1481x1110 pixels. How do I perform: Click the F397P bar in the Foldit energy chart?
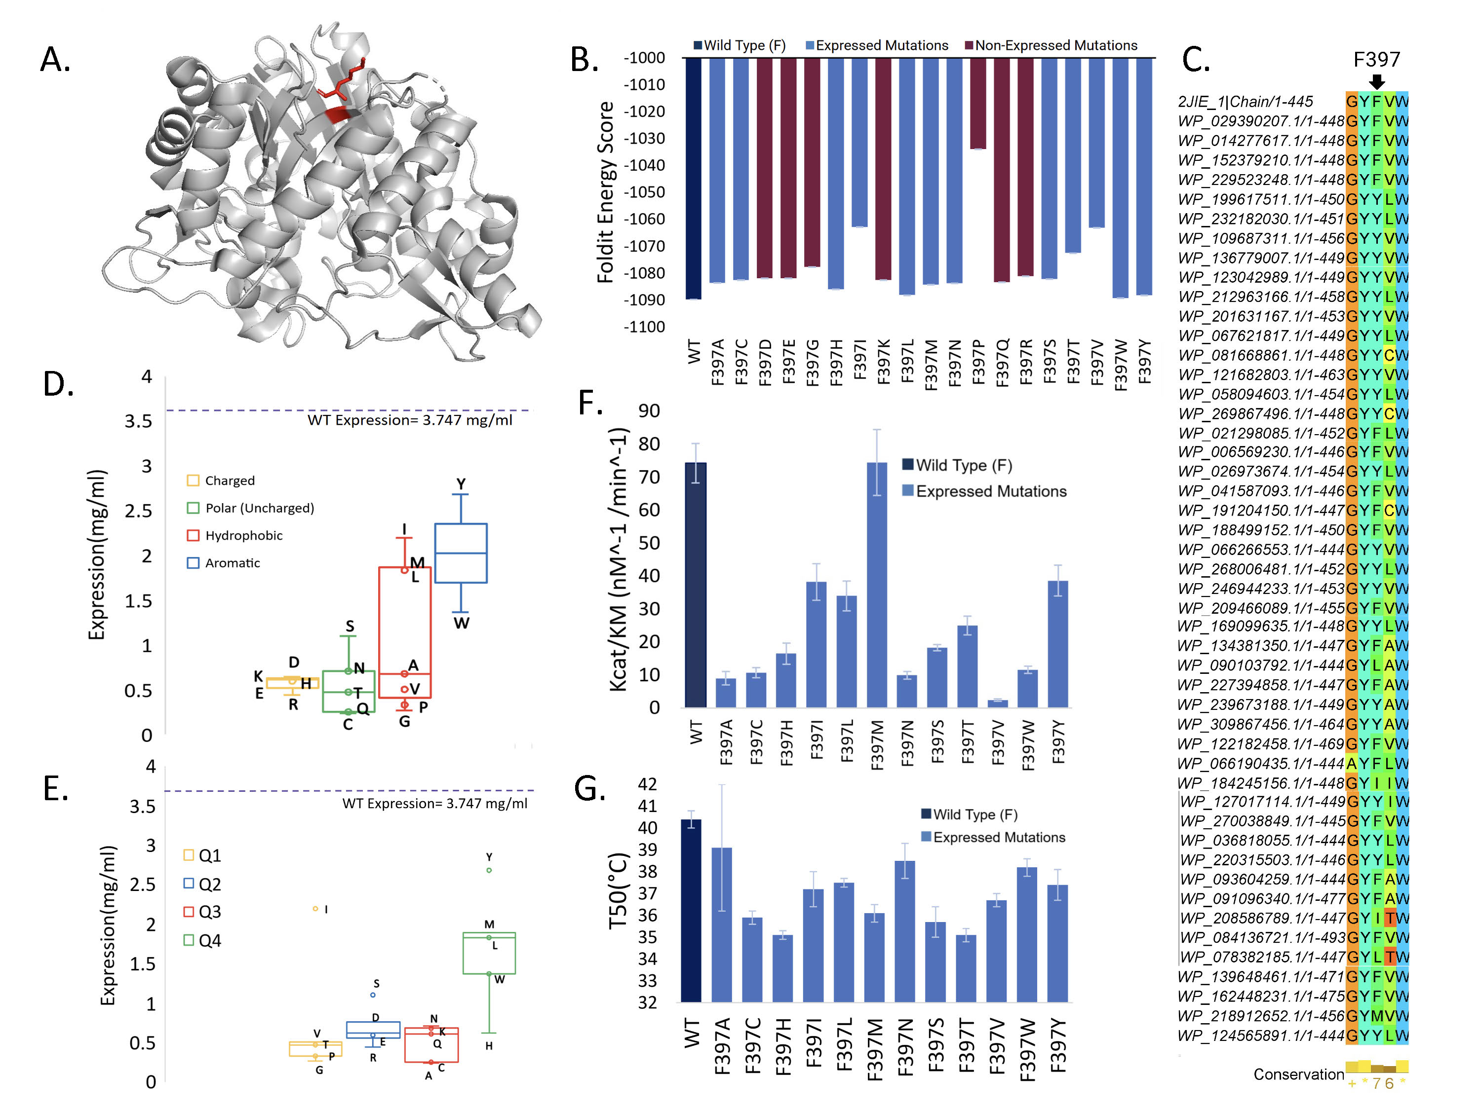[977, 104]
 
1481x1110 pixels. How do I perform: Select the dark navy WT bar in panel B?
[694, 179]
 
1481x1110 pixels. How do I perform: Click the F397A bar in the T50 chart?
[722, 924]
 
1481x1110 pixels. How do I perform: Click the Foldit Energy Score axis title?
[605, 192]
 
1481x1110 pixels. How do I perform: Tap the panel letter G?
[589, 789]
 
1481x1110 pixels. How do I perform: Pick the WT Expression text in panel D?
[410, 420]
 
